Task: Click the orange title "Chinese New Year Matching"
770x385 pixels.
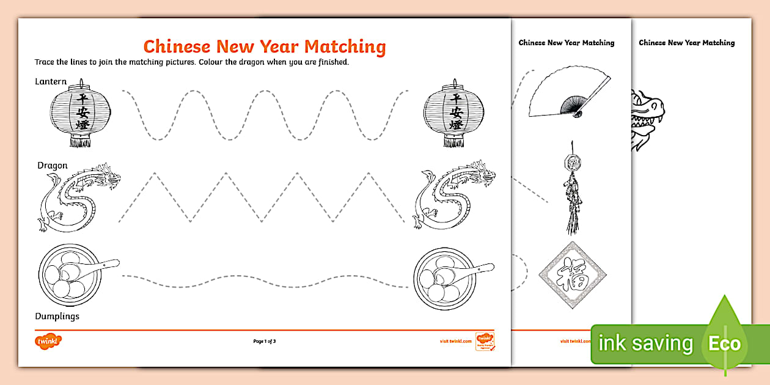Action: pyautogui.click(x=264, y=46)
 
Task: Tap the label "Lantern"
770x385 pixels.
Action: pyautogui.click(x=51, y=82)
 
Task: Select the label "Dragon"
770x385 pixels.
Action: pyautogui.click(x=53, y=166)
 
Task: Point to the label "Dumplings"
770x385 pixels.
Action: pyautogui.click(x=57, y=316)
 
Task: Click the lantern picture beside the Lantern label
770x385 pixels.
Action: pyautogui.click(x=81, y=114)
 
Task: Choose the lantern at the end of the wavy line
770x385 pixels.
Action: pyautogui.click(x=453, y=114)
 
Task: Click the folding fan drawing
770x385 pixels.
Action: pyautogui.click(x=569, y=93)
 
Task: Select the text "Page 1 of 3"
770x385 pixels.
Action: pyautogui.click(x=265, y=341)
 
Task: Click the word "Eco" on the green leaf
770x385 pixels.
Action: pyautogui.click(x=724, y=343)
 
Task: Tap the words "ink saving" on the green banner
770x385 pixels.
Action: pyautogui.click(x=645, y=344)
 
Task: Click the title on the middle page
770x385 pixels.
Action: pyautogui.click(x=566, y=43)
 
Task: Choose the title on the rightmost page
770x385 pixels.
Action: pyautogui.click(x=686, y=43)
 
